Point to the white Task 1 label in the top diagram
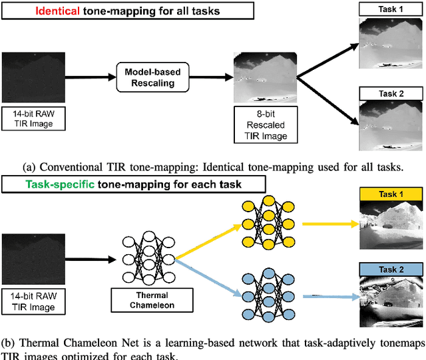(x=391, y=9)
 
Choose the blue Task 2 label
(x=391, y=269)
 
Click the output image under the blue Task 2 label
(x=391, y=303)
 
